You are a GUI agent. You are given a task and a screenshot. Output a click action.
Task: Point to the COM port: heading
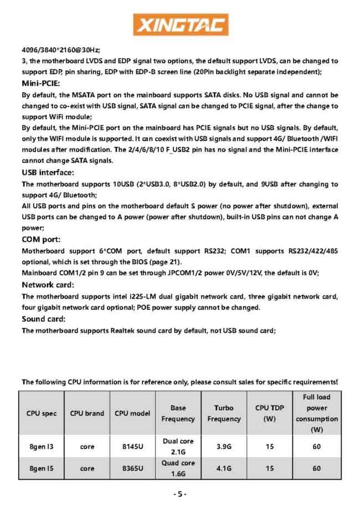tap(42, 239)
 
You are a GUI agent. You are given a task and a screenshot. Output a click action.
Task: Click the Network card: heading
tap(48, 284)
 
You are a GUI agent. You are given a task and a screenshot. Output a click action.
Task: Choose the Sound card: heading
tap(44, 319)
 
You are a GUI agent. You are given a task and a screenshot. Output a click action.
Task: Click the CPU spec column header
tap(42, 413)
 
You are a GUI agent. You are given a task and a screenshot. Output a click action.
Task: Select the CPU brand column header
tap(87, 413)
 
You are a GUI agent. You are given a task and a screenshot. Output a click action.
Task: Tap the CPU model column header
tap(132, 413)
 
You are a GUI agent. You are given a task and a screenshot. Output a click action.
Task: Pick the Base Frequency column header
tap(178, 413)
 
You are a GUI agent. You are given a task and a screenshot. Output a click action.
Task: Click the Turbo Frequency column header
tap(224, 413)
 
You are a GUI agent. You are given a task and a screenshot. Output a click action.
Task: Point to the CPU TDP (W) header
tap(269, 413)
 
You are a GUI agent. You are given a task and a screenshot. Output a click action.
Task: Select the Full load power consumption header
tap(317, 413)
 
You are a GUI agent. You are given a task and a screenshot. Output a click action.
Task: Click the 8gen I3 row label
tap(42, 446)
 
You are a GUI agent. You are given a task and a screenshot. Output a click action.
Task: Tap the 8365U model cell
tap(132, 469)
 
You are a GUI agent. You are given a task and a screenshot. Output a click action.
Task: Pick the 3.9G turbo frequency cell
tap(224, 446)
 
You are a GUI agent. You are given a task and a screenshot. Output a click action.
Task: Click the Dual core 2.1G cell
tap(178, 446)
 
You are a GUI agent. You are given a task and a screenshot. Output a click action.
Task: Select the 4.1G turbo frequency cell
tap(224, 469)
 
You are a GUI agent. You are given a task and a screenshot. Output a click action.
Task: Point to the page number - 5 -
tap(180, 494)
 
